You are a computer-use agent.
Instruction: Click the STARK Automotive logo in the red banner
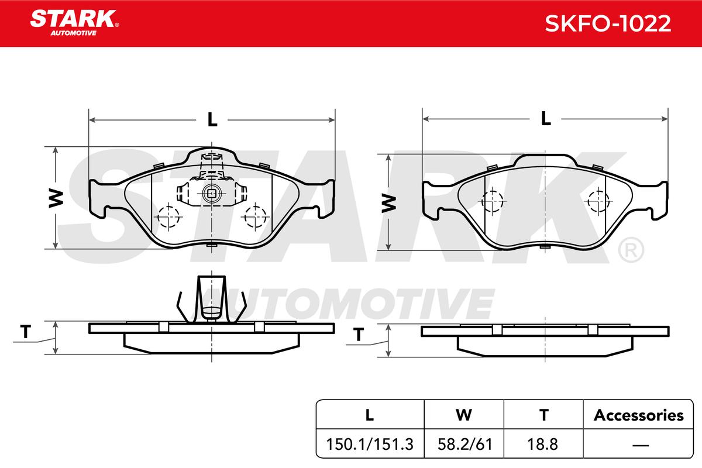click(74, 23)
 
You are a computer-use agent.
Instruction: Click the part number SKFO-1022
click(608, 23)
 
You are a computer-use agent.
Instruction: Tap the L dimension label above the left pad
click(212, 119)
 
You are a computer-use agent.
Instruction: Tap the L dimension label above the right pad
click(546, 119)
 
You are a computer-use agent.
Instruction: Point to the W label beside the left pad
click(56, 198)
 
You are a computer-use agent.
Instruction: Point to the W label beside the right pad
click(388, 203)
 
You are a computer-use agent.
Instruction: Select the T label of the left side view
click(26, 332)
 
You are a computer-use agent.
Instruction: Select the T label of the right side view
click(359, 335)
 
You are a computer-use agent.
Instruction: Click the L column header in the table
click(370, 415)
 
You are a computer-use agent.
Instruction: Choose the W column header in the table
click(464, 415)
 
